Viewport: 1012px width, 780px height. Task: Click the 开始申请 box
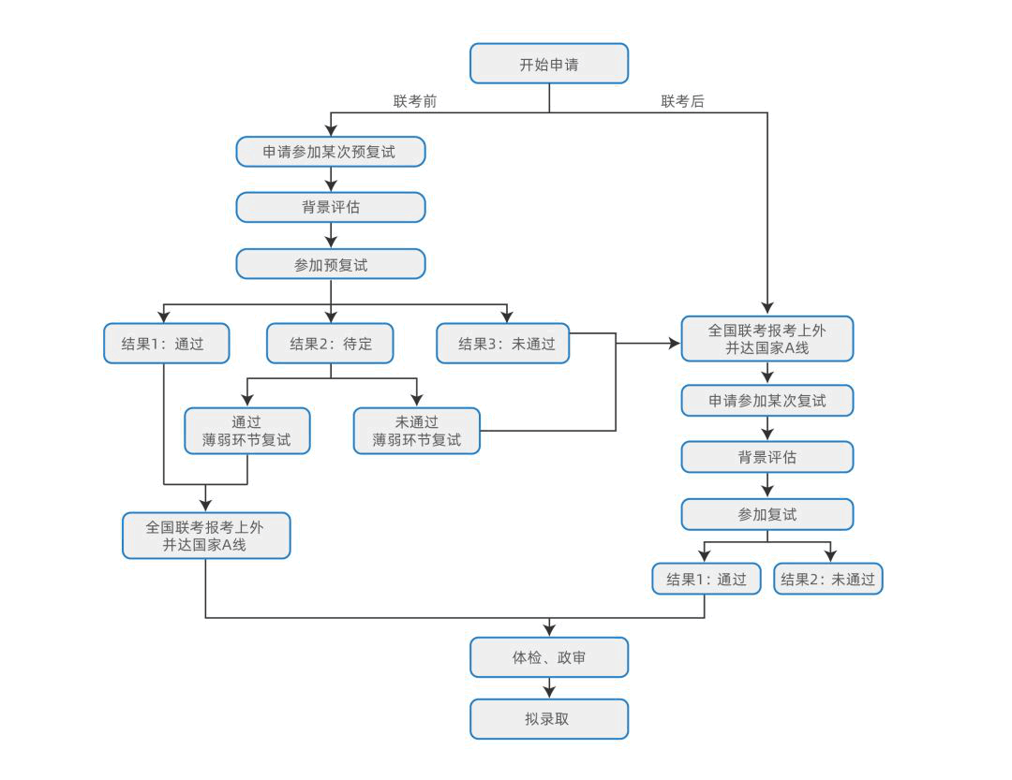548,64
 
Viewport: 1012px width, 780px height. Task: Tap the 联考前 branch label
415,101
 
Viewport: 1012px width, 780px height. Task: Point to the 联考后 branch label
682,101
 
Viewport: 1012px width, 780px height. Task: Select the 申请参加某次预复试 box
331,152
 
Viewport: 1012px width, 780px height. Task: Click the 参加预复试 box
331,264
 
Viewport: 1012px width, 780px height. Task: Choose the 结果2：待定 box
330,344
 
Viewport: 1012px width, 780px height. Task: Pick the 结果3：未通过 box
503,344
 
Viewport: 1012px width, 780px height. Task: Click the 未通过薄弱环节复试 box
416,431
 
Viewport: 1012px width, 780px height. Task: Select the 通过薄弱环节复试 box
247,431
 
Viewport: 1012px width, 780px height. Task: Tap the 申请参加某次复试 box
767,401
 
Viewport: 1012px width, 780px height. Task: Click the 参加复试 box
767,514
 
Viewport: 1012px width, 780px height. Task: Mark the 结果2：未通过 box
828,579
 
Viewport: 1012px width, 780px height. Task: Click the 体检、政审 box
548,657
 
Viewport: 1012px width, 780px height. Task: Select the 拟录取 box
548,719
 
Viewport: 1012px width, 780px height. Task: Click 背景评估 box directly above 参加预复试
331,207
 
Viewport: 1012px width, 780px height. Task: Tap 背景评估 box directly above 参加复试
767,458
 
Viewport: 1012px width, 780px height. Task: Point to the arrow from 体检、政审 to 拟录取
549,687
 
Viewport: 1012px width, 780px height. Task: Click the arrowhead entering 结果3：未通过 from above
507,316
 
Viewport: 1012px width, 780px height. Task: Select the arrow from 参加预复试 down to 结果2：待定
331,302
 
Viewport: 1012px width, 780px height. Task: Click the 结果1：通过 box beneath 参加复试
707,579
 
